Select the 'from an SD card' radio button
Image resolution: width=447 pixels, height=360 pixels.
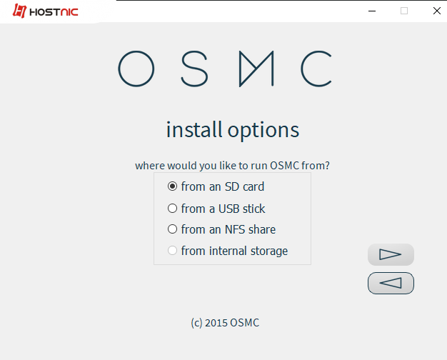click(x=172, y=186)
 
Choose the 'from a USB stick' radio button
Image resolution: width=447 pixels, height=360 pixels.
click(x=172, y=209)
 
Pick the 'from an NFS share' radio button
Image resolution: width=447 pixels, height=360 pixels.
click(x=172, y=229)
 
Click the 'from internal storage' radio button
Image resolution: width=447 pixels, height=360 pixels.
click(x=172, y=251)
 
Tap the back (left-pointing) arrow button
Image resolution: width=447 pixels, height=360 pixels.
click(x=391, y=283)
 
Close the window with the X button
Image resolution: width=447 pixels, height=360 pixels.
click(x=437, y=11)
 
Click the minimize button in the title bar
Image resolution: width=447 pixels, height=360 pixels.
click(x=372, y=11)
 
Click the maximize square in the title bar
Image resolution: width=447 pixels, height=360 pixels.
click(x=404, y=11)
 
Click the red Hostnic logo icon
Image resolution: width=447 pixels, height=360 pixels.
click(x=19, y=11)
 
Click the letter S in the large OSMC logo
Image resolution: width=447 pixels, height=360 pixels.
click(x=194, y=69)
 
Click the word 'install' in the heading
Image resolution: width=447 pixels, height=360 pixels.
click(x=194, y=129)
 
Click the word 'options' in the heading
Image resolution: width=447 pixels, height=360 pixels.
click(x=263, y=131)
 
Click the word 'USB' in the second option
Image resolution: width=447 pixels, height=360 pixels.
click(x=228, y=209)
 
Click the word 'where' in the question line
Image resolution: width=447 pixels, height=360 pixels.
click(x=150, y=166)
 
